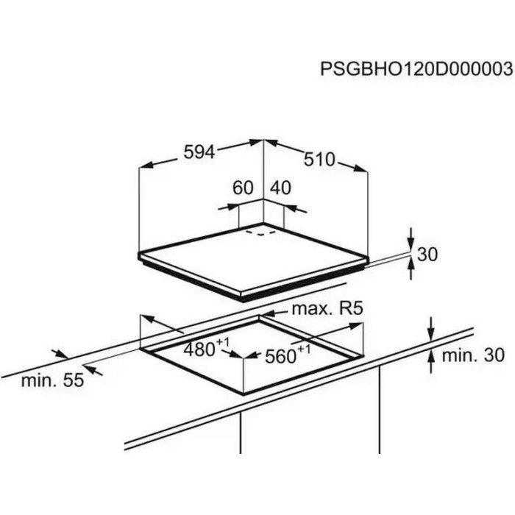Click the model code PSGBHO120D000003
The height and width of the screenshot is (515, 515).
(x=416, y=69)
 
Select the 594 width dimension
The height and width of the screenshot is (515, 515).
(x=199, y=152)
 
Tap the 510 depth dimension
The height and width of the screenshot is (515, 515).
(x=319, y=160)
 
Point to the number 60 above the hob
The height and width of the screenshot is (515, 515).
(x=243, y=188)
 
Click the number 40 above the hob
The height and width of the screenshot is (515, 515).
(x=281, y=188)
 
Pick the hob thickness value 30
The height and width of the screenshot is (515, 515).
(x=427, y=255)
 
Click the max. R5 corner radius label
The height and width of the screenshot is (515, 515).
(x=327, y=309)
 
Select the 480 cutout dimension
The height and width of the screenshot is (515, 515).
(x=199, y=349)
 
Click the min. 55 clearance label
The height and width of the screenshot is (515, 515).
(x=52, y=380)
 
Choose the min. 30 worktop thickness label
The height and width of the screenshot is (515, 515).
(x=473, y=355)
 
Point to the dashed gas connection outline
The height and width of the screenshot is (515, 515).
(x=261, y=232)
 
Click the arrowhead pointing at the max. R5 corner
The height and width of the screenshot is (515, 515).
(x=268, y=313)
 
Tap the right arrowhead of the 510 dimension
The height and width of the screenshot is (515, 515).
(x=360, y=168)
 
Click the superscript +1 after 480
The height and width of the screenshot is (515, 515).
(x=222, y=342)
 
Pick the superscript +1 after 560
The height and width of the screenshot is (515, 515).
(x=304, y=349)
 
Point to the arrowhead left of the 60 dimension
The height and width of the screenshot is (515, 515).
(x=232, y=207)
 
